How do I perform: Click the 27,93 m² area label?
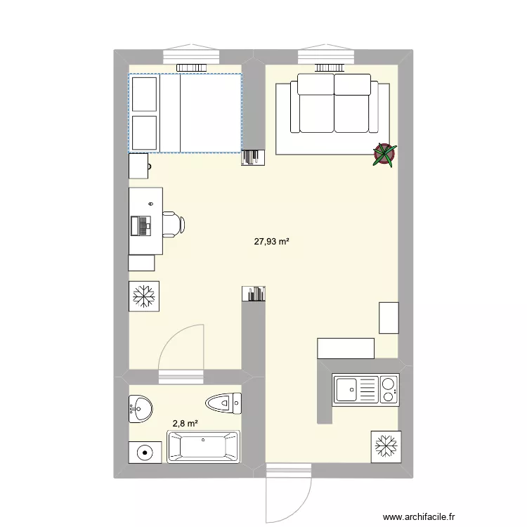pos(272,242)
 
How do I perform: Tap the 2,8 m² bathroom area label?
pos(185,424)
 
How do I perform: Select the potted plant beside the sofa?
pos(384,155)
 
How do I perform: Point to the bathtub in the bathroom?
pos(202,447)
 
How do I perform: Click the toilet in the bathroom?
pos(223,403)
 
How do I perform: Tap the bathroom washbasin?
pos(141,408)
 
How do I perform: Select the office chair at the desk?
pos(173,223)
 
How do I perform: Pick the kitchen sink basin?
pos(346,389)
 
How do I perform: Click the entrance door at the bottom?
pos(288,495)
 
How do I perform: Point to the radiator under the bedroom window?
pos(191,68)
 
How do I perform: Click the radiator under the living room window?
pos(327,68)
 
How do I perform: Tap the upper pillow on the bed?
pos(144,93)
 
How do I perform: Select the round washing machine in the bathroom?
pos(145,453)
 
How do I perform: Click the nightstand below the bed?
pos(138,167)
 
